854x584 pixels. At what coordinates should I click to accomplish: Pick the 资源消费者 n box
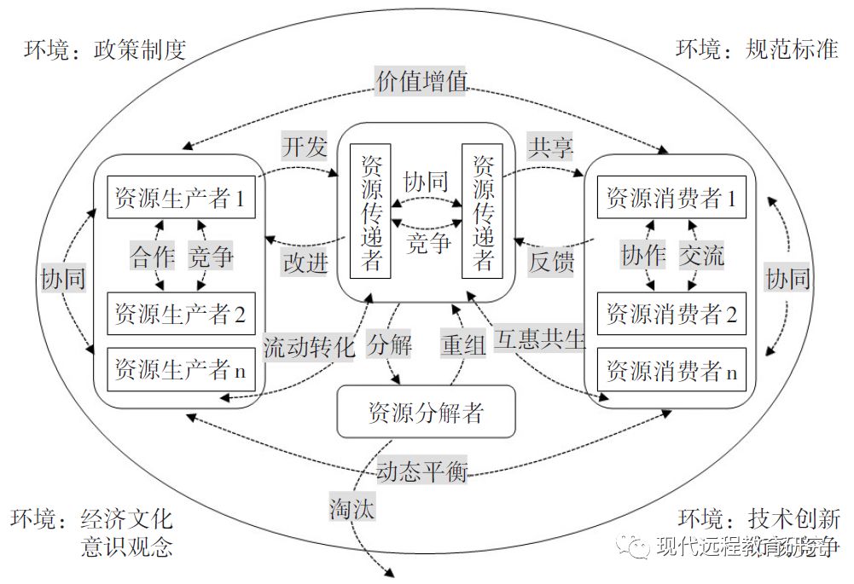click(x=671, y=370)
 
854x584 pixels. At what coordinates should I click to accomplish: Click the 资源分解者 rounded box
click(x=426, y=413)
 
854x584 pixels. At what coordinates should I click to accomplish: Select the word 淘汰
click(x=352, y=509)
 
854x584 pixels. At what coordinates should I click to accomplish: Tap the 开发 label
click(x=305, y=147)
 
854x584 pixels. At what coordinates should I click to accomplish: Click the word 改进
click(x=305, y=262)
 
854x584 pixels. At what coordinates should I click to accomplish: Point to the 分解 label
click(x=390, y=345)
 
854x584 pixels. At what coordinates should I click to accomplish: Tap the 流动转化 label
click(x=307, y=347)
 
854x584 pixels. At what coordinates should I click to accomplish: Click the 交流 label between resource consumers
click(x=701, y=256)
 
